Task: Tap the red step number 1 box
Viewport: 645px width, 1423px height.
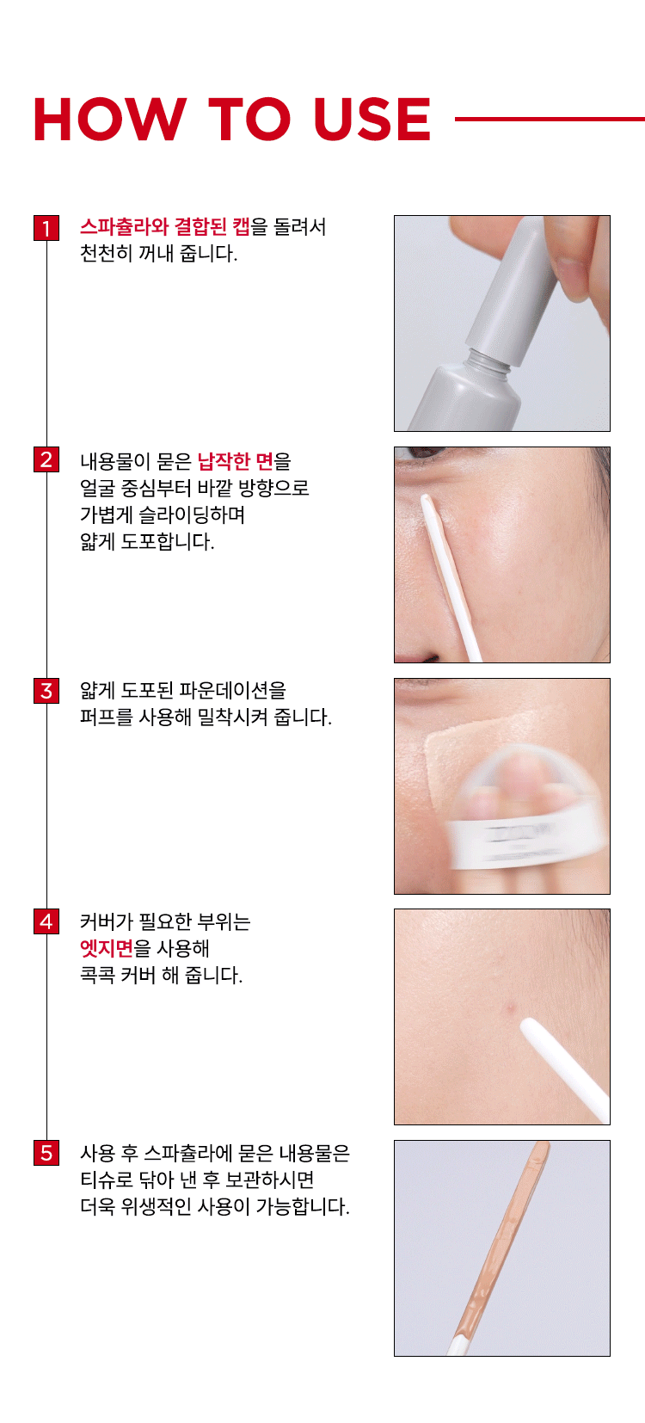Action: pos(46,228)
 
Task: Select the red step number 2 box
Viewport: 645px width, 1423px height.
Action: pos(46,459)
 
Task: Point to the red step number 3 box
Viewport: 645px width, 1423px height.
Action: pos(46,691)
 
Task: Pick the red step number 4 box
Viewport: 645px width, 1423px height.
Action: pos(46,921)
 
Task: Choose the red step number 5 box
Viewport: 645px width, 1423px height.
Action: pos(46,1152)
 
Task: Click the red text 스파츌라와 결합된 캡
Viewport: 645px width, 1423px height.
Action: pos(165,227)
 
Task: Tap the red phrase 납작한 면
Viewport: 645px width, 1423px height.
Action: pos(236,461)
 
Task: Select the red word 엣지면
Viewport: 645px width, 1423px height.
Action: pos(107,948)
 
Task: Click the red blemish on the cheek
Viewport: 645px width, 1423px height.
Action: pos(507,1007)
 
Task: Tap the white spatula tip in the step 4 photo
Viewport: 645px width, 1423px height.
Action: pos(528,1024)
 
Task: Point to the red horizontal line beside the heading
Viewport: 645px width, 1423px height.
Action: pos(550,119)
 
